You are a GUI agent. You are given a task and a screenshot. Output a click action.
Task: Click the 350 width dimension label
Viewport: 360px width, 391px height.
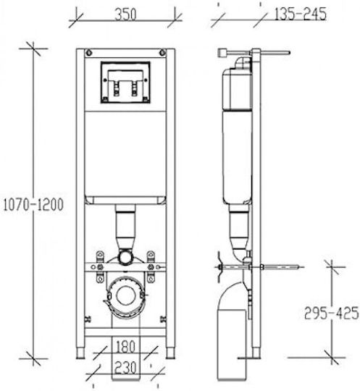125,14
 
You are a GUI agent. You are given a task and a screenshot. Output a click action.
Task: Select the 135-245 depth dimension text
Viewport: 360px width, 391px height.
300,14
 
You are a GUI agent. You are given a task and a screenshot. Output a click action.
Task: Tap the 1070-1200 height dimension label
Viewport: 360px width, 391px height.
33,205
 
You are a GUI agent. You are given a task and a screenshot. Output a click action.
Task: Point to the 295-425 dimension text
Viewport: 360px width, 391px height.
332,314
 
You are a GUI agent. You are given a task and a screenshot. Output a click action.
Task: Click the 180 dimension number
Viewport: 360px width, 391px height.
125,347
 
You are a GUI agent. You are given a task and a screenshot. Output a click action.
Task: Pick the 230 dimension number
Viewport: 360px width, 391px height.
125,368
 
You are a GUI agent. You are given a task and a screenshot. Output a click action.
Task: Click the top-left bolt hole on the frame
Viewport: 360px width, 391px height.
89,53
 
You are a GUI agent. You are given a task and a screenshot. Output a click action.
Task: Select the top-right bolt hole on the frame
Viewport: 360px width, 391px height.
162,53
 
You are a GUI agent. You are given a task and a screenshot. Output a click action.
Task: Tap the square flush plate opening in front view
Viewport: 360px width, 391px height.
125,83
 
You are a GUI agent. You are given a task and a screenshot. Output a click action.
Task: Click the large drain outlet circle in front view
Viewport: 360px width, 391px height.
126,295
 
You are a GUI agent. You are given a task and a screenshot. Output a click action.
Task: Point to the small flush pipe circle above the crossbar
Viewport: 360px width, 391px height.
125,257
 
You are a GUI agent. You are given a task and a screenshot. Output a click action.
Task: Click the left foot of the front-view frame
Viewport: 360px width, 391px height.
80,353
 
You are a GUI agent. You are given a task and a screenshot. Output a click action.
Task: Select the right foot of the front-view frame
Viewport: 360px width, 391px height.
171,353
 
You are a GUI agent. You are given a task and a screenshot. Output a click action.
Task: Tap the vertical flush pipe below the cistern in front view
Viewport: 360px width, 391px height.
125,227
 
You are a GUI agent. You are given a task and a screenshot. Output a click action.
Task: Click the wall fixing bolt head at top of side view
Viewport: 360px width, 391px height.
223,53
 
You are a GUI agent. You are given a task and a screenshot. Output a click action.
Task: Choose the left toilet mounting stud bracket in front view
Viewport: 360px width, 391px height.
100,266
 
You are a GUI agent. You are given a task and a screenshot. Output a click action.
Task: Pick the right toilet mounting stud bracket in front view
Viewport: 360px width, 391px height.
151,266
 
